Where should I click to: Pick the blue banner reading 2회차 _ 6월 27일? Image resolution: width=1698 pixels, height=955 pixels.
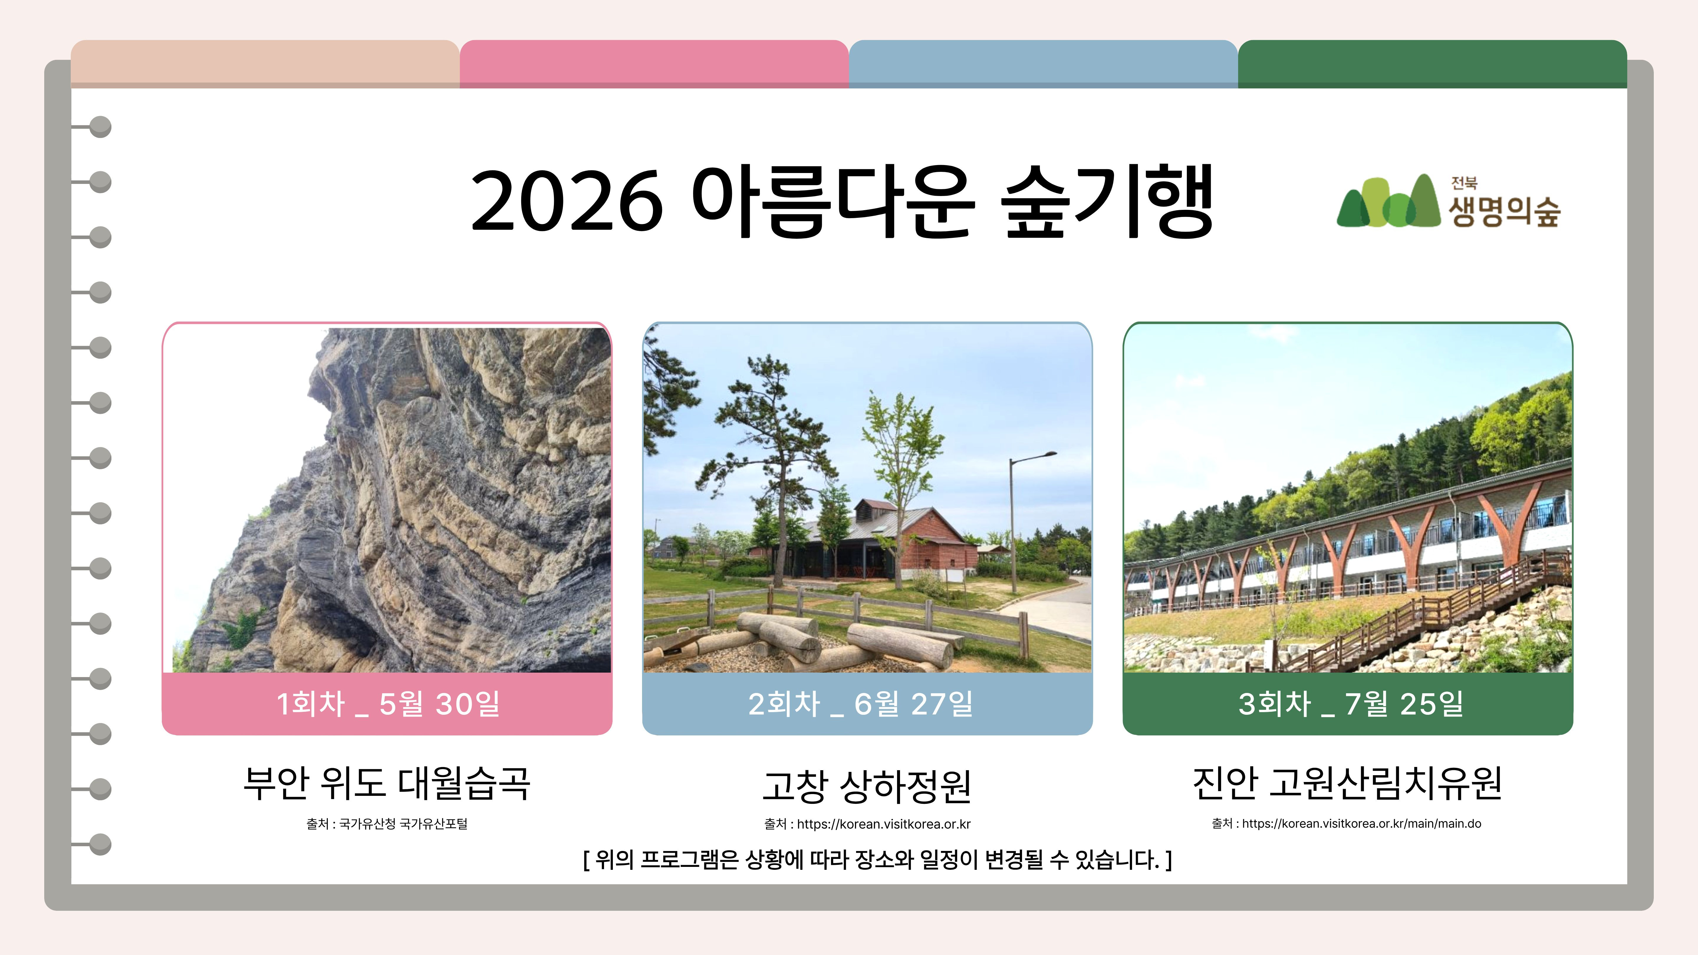pyautogui.click(x=868, y=703)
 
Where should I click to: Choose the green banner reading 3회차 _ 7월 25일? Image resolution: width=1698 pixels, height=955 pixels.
pyautogui.click(x=1348, y=703)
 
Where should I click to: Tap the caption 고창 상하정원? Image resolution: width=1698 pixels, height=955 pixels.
pyautogui.click(x=867, y=786)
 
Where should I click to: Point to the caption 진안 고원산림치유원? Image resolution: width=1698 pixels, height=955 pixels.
pyautogui.click(x=1348, y=783)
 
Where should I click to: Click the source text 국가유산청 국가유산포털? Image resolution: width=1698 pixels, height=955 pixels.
pyautogui.click(x=403, y=824)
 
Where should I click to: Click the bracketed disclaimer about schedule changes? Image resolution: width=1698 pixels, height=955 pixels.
pyautogui.click(x=877, y=859)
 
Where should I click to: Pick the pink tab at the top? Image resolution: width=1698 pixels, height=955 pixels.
pyautogui.click(x=654, y=64)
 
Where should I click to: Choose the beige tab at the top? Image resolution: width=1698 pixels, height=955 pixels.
pyautogui.click(x=265, y=64)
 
